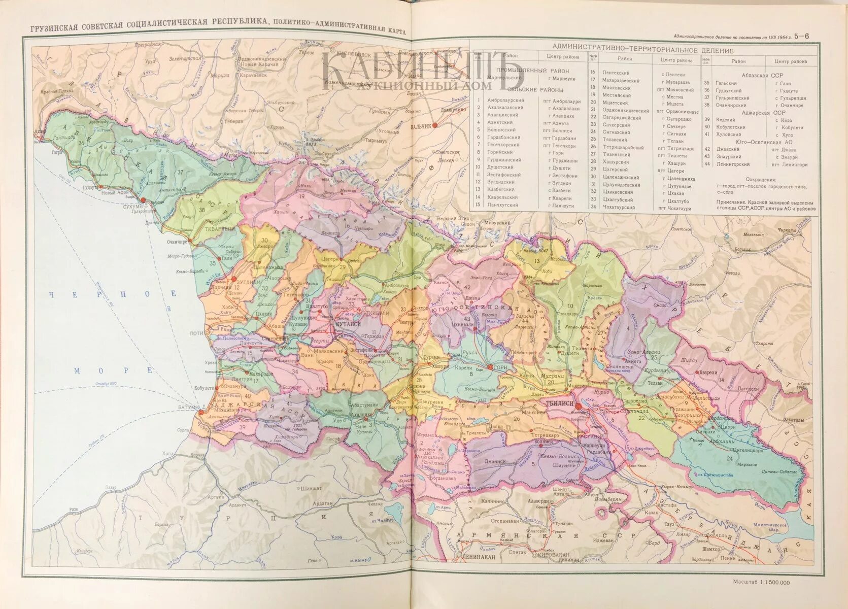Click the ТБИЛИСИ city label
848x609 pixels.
[x=559, y=402]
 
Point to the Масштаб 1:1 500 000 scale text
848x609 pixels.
[x=761, y=582]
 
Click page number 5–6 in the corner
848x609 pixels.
[x=802, y=36]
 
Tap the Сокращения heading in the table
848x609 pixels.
[x=761, y=180]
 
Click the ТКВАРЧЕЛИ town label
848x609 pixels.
[x=219, y=229]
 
